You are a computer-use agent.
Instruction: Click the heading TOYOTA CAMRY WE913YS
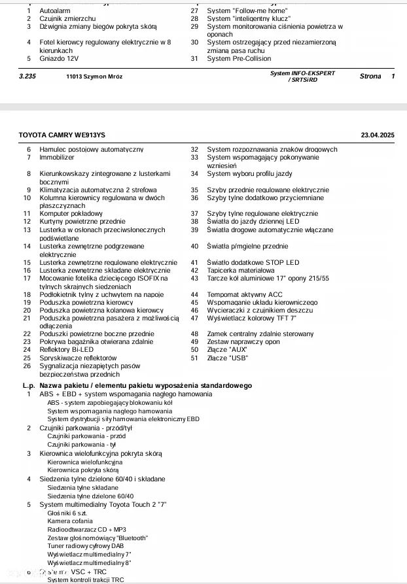pos(62,135)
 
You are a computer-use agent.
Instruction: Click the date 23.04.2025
pos(378,135)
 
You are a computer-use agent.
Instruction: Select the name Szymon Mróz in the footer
pos(101,77)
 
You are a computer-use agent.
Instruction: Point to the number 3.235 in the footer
pos(29,77)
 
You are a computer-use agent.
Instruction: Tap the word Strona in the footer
pos(370,77)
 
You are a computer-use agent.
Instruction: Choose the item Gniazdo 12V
pos(59,59)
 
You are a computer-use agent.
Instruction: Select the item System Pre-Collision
pos(238,59)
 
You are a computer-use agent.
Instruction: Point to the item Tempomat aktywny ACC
pos(245,295)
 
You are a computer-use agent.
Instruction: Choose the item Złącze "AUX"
pos(226,350)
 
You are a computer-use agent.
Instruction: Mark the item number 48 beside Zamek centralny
pos(194,334)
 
